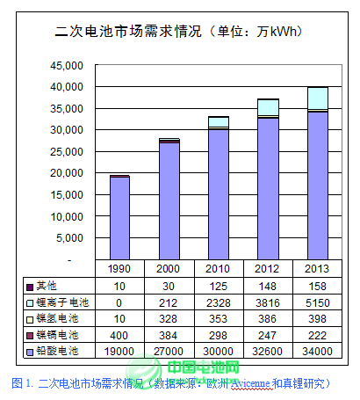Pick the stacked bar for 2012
click(x=267, y=180)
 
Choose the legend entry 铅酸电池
click(x=57, y=351)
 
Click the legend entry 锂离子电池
click(x=57, y=302)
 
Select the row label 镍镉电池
click(x=57, y=335)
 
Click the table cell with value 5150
click(x=317, y=302)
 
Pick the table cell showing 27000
click(x=169, y=351)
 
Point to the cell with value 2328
click(x=219, y=302)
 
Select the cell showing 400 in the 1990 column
click(x=119, y=335)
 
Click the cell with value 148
click(x=267, y=286)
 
